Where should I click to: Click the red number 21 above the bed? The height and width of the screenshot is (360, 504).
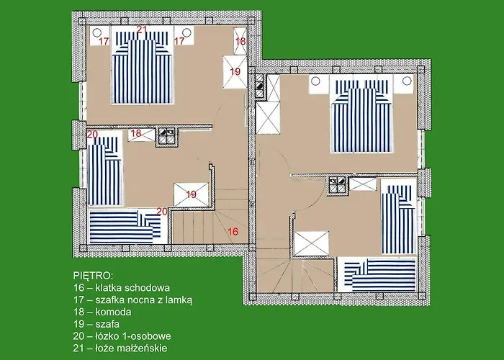(142, 30)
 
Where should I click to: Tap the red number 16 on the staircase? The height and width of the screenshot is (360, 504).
(233, 231)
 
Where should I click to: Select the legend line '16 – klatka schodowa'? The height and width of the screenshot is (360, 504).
(122, 287)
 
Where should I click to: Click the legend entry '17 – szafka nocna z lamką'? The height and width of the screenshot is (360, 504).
(133, 300)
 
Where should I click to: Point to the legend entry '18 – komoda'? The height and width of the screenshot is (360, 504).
(102, 312)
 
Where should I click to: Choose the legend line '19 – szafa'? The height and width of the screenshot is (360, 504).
(96, 324)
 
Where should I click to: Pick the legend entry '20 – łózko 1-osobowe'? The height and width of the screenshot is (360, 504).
(122, 336)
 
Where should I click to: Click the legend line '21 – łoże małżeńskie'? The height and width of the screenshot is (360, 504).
(120, 348)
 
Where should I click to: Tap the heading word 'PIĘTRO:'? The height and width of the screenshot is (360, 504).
(93, 276)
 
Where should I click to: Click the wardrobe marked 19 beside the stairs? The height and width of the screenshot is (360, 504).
(192, 194)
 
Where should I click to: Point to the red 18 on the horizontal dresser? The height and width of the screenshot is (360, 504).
(137, 133)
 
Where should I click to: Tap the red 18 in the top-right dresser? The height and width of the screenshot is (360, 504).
(240, 42)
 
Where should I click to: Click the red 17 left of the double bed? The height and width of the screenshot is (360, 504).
(104, 42)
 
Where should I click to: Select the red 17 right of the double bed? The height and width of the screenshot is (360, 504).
(179, 41)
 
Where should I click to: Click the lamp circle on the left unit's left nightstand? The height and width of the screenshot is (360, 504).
(96, 32)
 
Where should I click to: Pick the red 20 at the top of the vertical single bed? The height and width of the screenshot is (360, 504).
(92, 135)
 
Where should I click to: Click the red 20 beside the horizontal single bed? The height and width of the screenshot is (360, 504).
(162, 212)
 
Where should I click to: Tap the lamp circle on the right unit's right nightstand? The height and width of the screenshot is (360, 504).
(407, 81)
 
